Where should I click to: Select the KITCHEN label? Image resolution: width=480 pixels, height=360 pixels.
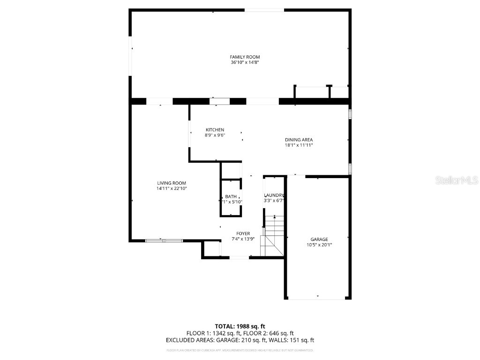click(215, 130)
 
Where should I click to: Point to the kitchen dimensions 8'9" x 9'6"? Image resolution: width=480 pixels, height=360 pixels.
click(215, 135)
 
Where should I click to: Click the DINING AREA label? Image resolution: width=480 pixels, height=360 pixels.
click(299, 140)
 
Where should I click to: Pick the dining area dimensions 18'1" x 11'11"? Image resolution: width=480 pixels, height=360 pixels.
click(299, 145)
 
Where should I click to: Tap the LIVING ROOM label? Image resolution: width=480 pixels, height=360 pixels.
click(171, 183)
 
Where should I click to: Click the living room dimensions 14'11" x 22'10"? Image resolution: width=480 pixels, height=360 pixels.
click(172, 188)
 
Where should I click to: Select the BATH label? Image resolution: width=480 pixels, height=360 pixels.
click(231, 196)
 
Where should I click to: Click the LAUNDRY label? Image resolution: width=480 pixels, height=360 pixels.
click(274, 195)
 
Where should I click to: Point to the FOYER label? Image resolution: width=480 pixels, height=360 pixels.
click(243, 233)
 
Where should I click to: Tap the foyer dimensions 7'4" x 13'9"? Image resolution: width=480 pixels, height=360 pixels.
click(243, 239)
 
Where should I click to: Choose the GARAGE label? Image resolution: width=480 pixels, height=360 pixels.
click(319, 239)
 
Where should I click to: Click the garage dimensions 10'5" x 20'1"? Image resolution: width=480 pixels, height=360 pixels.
click(319, 245)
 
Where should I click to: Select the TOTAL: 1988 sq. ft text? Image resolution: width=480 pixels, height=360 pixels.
click(240, 326)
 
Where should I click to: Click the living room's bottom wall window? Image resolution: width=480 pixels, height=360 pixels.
click(164, 241)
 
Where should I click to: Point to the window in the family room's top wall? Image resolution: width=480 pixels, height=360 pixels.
click(264, 10)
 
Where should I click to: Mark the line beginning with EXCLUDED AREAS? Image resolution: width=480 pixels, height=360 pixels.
click(240, 340)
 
